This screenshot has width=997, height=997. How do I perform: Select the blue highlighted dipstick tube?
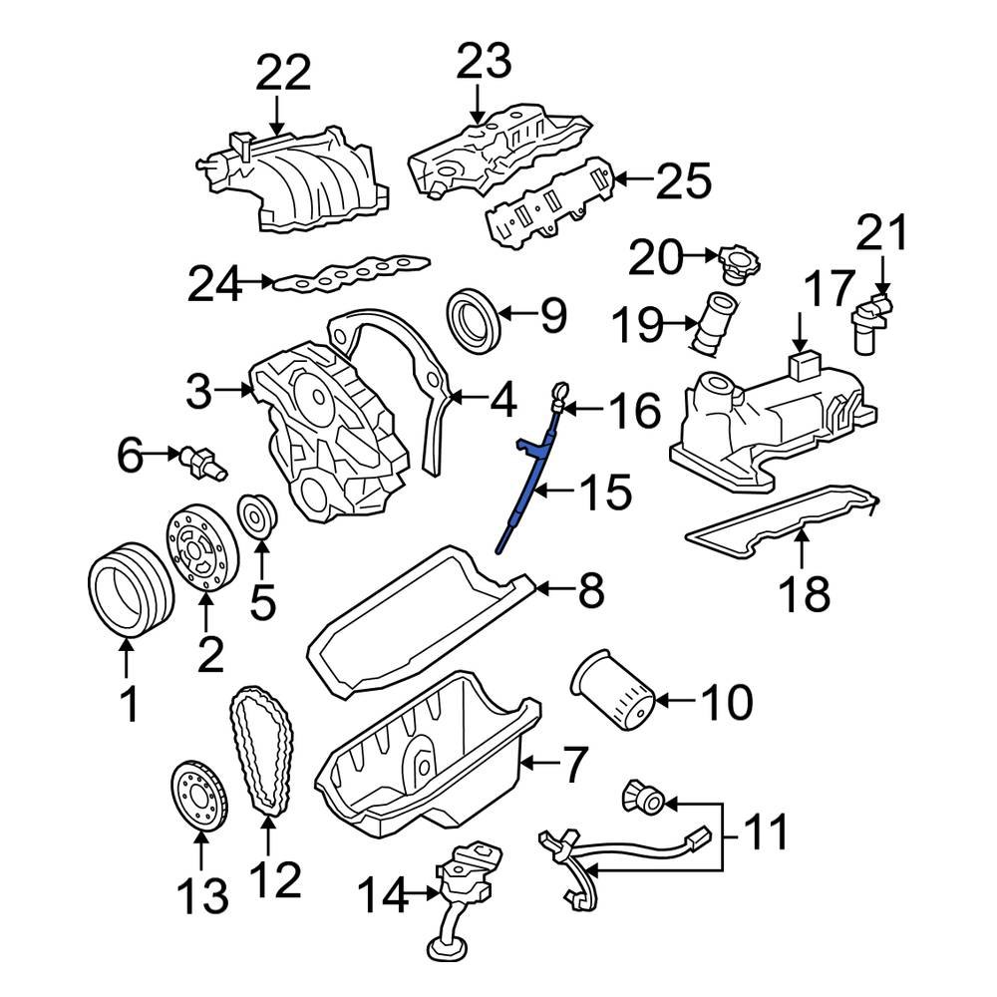coord(525,484)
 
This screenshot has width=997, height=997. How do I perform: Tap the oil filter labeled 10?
coord(612,690)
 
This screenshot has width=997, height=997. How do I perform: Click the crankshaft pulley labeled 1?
coord(125,594)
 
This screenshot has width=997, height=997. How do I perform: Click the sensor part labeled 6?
coord(200,461)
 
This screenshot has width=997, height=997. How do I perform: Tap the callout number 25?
coord(684,181)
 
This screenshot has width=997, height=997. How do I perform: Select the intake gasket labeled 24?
coord(349,273)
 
